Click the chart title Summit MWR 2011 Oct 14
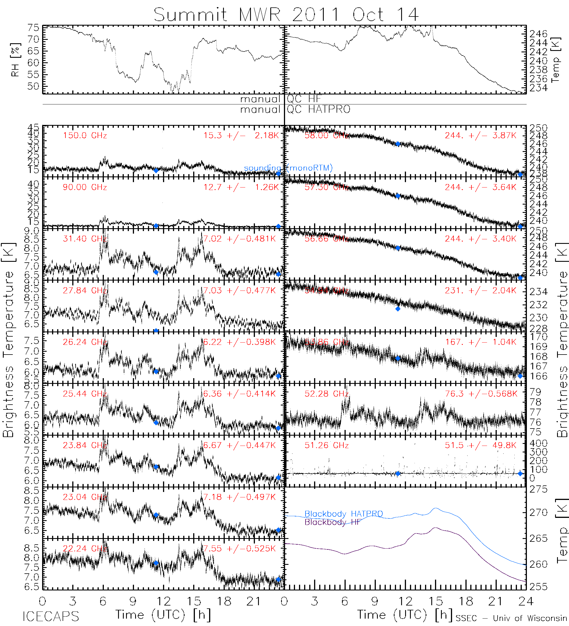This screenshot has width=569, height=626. coord(286,15)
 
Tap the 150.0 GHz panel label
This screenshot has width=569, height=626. coord(85,136)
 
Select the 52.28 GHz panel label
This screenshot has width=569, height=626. coord(326,394)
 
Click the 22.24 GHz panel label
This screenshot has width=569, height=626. coord(85,548)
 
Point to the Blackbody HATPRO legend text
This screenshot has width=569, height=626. coord(343,514)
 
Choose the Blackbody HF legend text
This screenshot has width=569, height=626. coord(332,522)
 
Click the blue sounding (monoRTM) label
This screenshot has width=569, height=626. coord(288,168)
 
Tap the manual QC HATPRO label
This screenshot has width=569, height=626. coord(295,110)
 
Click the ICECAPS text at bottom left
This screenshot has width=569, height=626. coord(51,616)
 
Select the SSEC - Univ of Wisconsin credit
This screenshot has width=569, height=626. coord(511,618)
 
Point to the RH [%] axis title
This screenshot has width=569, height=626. coord(15,59)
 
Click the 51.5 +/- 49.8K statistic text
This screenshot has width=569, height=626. coord(480,445)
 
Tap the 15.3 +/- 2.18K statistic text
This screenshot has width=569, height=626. coord(241,136)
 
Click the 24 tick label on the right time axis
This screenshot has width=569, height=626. coord(525,602)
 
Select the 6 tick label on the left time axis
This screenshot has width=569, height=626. coord(103,602)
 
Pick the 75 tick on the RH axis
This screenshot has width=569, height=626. coord(33,28)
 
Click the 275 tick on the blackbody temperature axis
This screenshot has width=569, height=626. coord(538,489)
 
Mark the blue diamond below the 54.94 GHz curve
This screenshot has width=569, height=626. coord(398,309)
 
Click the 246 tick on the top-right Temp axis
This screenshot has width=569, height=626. coord(538,34)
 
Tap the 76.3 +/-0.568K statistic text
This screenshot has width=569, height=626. coord(481,394)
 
